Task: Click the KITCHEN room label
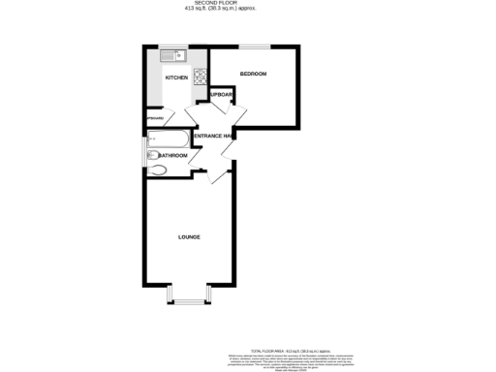[x=176, y=77]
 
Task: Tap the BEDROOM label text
[x=254, y=74]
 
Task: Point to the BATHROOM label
[x=171, y=155]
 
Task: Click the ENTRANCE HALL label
[x=212, y=137]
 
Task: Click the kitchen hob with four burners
[x=201, y=77]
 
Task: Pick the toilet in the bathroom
[x=157, y=171]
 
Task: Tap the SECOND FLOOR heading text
[x=248, y=3]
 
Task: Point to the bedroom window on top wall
[x=255, y=45]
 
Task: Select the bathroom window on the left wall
[x=145, y=140]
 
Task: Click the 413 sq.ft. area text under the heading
[x=248, y=10]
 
